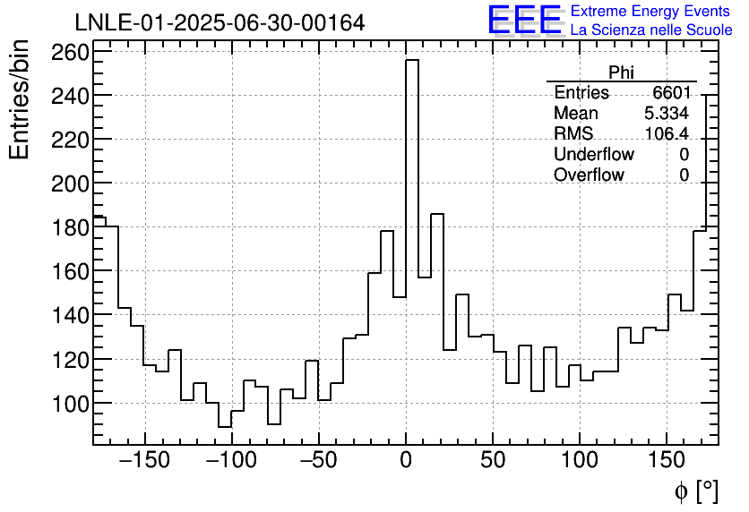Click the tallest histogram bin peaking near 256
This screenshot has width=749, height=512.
click(412, 179)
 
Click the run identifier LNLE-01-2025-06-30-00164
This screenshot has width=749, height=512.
click(220, 22)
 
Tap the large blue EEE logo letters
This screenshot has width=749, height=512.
click(525, 21)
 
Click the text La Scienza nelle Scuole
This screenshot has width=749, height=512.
click(651, 30)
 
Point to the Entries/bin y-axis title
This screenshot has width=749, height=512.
click(20, 100)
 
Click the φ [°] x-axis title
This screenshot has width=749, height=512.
click(695, 491)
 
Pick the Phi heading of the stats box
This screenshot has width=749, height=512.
click(621, 73)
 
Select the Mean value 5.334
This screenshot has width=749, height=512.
click(667, 114)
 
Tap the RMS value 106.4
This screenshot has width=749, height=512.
click(667, 134)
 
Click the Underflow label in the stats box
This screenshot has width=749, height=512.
click(593, 155)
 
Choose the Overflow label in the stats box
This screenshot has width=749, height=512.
click(589, 175)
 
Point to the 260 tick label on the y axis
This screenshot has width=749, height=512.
click(70, 52)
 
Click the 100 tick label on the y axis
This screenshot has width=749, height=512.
click(70, 404)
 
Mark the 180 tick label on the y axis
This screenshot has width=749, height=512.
click(70, 227)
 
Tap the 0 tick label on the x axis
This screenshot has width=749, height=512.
click(406, 462)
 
